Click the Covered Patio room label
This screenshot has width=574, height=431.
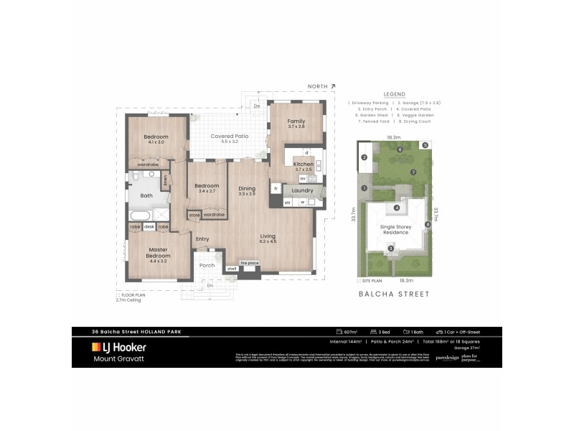229,136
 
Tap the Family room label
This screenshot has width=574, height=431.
296,121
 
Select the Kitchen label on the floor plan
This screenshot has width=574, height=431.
304,164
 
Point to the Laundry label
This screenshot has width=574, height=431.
302,190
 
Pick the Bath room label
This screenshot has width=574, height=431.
146,195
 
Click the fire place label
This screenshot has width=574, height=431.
249,263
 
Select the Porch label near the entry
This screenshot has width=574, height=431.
207,265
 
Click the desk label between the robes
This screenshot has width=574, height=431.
149,227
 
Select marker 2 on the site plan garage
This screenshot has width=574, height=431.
364,157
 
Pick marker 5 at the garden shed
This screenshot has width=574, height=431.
425,145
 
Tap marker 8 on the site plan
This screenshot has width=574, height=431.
428,225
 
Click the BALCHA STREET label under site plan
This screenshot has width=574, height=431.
394,294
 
